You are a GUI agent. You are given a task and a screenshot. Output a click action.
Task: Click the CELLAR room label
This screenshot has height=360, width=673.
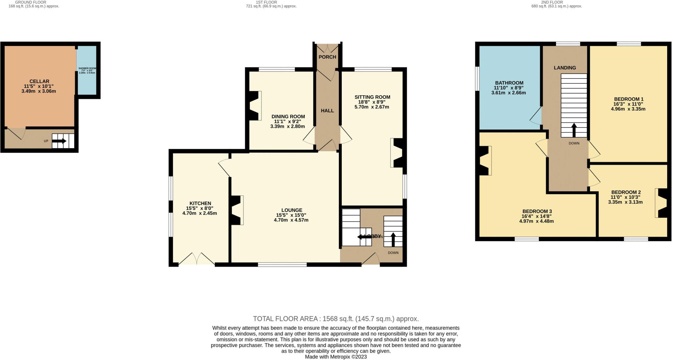39,81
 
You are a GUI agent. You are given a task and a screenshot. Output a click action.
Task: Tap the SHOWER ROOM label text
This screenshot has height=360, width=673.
87,68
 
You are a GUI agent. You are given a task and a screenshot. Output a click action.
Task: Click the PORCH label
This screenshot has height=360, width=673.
327,57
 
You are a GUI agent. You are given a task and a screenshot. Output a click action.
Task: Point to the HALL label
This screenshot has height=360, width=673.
327,111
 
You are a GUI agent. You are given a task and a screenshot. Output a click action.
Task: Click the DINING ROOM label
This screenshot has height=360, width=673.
288,117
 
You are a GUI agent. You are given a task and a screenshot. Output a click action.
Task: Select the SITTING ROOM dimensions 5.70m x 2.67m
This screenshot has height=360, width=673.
372,107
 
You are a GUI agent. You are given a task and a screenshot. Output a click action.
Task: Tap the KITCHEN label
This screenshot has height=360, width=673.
200,203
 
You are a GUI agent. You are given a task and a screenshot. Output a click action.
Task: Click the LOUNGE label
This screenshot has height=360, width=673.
291,210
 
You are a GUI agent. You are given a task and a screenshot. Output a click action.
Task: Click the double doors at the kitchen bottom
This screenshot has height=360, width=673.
197,259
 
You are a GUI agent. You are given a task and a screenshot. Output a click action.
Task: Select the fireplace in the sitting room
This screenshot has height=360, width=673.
397,153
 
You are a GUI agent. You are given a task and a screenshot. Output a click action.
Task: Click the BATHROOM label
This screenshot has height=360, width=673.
509,83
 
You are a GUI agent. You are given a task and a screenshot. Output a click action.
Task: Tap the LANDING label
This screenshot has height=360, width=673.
565,68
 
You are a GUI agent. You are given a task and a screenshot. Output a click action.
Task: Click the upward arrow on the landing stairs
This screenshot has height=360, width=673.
574,130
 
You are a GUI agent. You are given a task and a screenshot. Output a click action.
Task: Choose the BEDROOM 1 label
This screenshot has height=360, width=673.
628,99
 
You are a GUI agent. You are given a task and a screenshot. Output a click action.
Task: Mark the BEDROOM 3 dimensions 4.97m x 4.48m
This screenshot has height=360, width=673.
536,221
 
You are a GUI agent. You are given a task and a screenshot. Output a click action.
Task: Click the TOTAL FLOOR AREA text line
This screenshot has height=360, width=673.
336,319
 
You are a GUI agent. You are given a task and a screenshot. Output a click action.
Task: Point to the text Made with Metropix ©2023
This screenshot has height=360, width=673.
336,357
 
